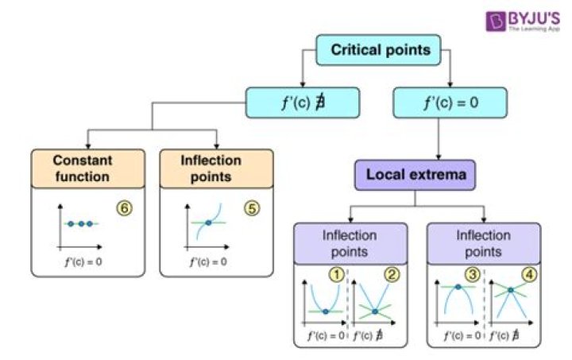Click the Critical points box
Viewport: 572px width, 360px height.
[x=378, y=50]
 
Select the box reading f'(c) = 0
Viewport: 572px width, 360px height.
[x=450, y=103]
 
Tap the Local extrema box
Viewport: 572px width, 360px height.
[x=415, y=175]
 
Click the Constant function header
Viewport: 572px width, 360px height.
[x=88, y=168]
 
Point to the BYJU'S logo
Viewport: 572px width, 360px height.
[x=523, y=21]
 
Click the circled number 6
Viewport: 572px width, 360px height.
[x=125, y=208]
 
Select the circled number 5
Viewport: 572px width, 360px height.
[x=252, y=208]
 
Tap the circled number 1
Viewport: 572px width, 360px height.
[x=337, y=275]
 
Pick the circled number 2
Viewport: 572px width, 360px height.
[x=392, y=275]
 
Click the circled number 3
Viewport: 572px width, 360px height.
[x=473, y=275]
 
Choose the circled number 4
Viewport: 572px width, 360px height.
[x=529, y=275]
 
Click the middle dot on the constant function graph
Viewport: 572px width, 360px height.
[x=81, y=223]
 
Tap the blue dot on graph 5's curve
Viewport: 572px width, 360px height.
[x=208, y=223]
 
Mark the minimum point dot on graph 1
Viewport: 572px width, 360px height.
[x=326, y=312]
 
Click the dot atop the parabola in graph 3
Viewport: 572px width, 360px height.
[x=458, y=287]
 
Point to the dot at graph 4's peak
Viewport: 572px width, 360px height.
[x=511, y=290]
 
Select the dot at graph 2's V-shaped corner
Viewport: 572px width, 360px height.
[x=375, y=311]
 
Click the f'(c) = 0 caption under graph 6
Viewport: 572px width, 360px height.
[x=83, y=261]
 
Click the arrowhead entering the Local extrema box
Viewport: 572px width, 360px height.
[x=439, y=157]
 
